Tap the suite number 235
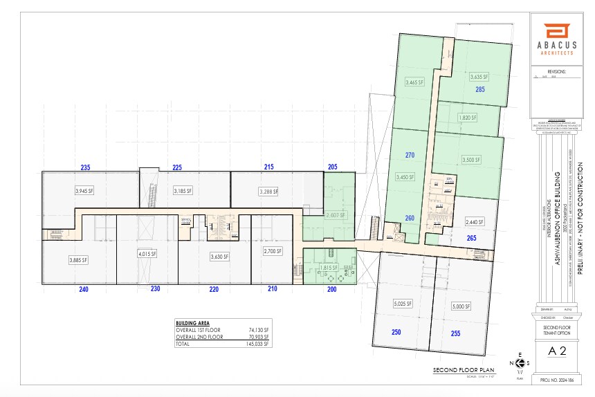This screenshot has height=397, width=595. click(x=85, y=167)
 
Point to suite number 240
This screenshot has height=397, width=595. click(x=84, y=289)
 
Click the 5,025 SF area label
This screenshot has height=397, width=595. click(x=402, y=304)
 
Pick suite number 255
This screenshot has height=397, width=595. click(x=455, y=333)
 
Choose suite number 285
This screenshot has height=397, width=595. click(x=479, y=90)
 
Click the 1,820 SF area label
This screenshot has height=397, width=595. click(x=468, y=118)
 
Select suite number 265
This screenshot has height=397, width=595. click(x=471, y=239)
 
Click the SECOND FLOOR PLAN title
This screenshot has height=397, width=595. click(x=461, y=371)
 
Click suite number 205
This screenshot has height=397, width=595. click(x=332, y=167)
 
